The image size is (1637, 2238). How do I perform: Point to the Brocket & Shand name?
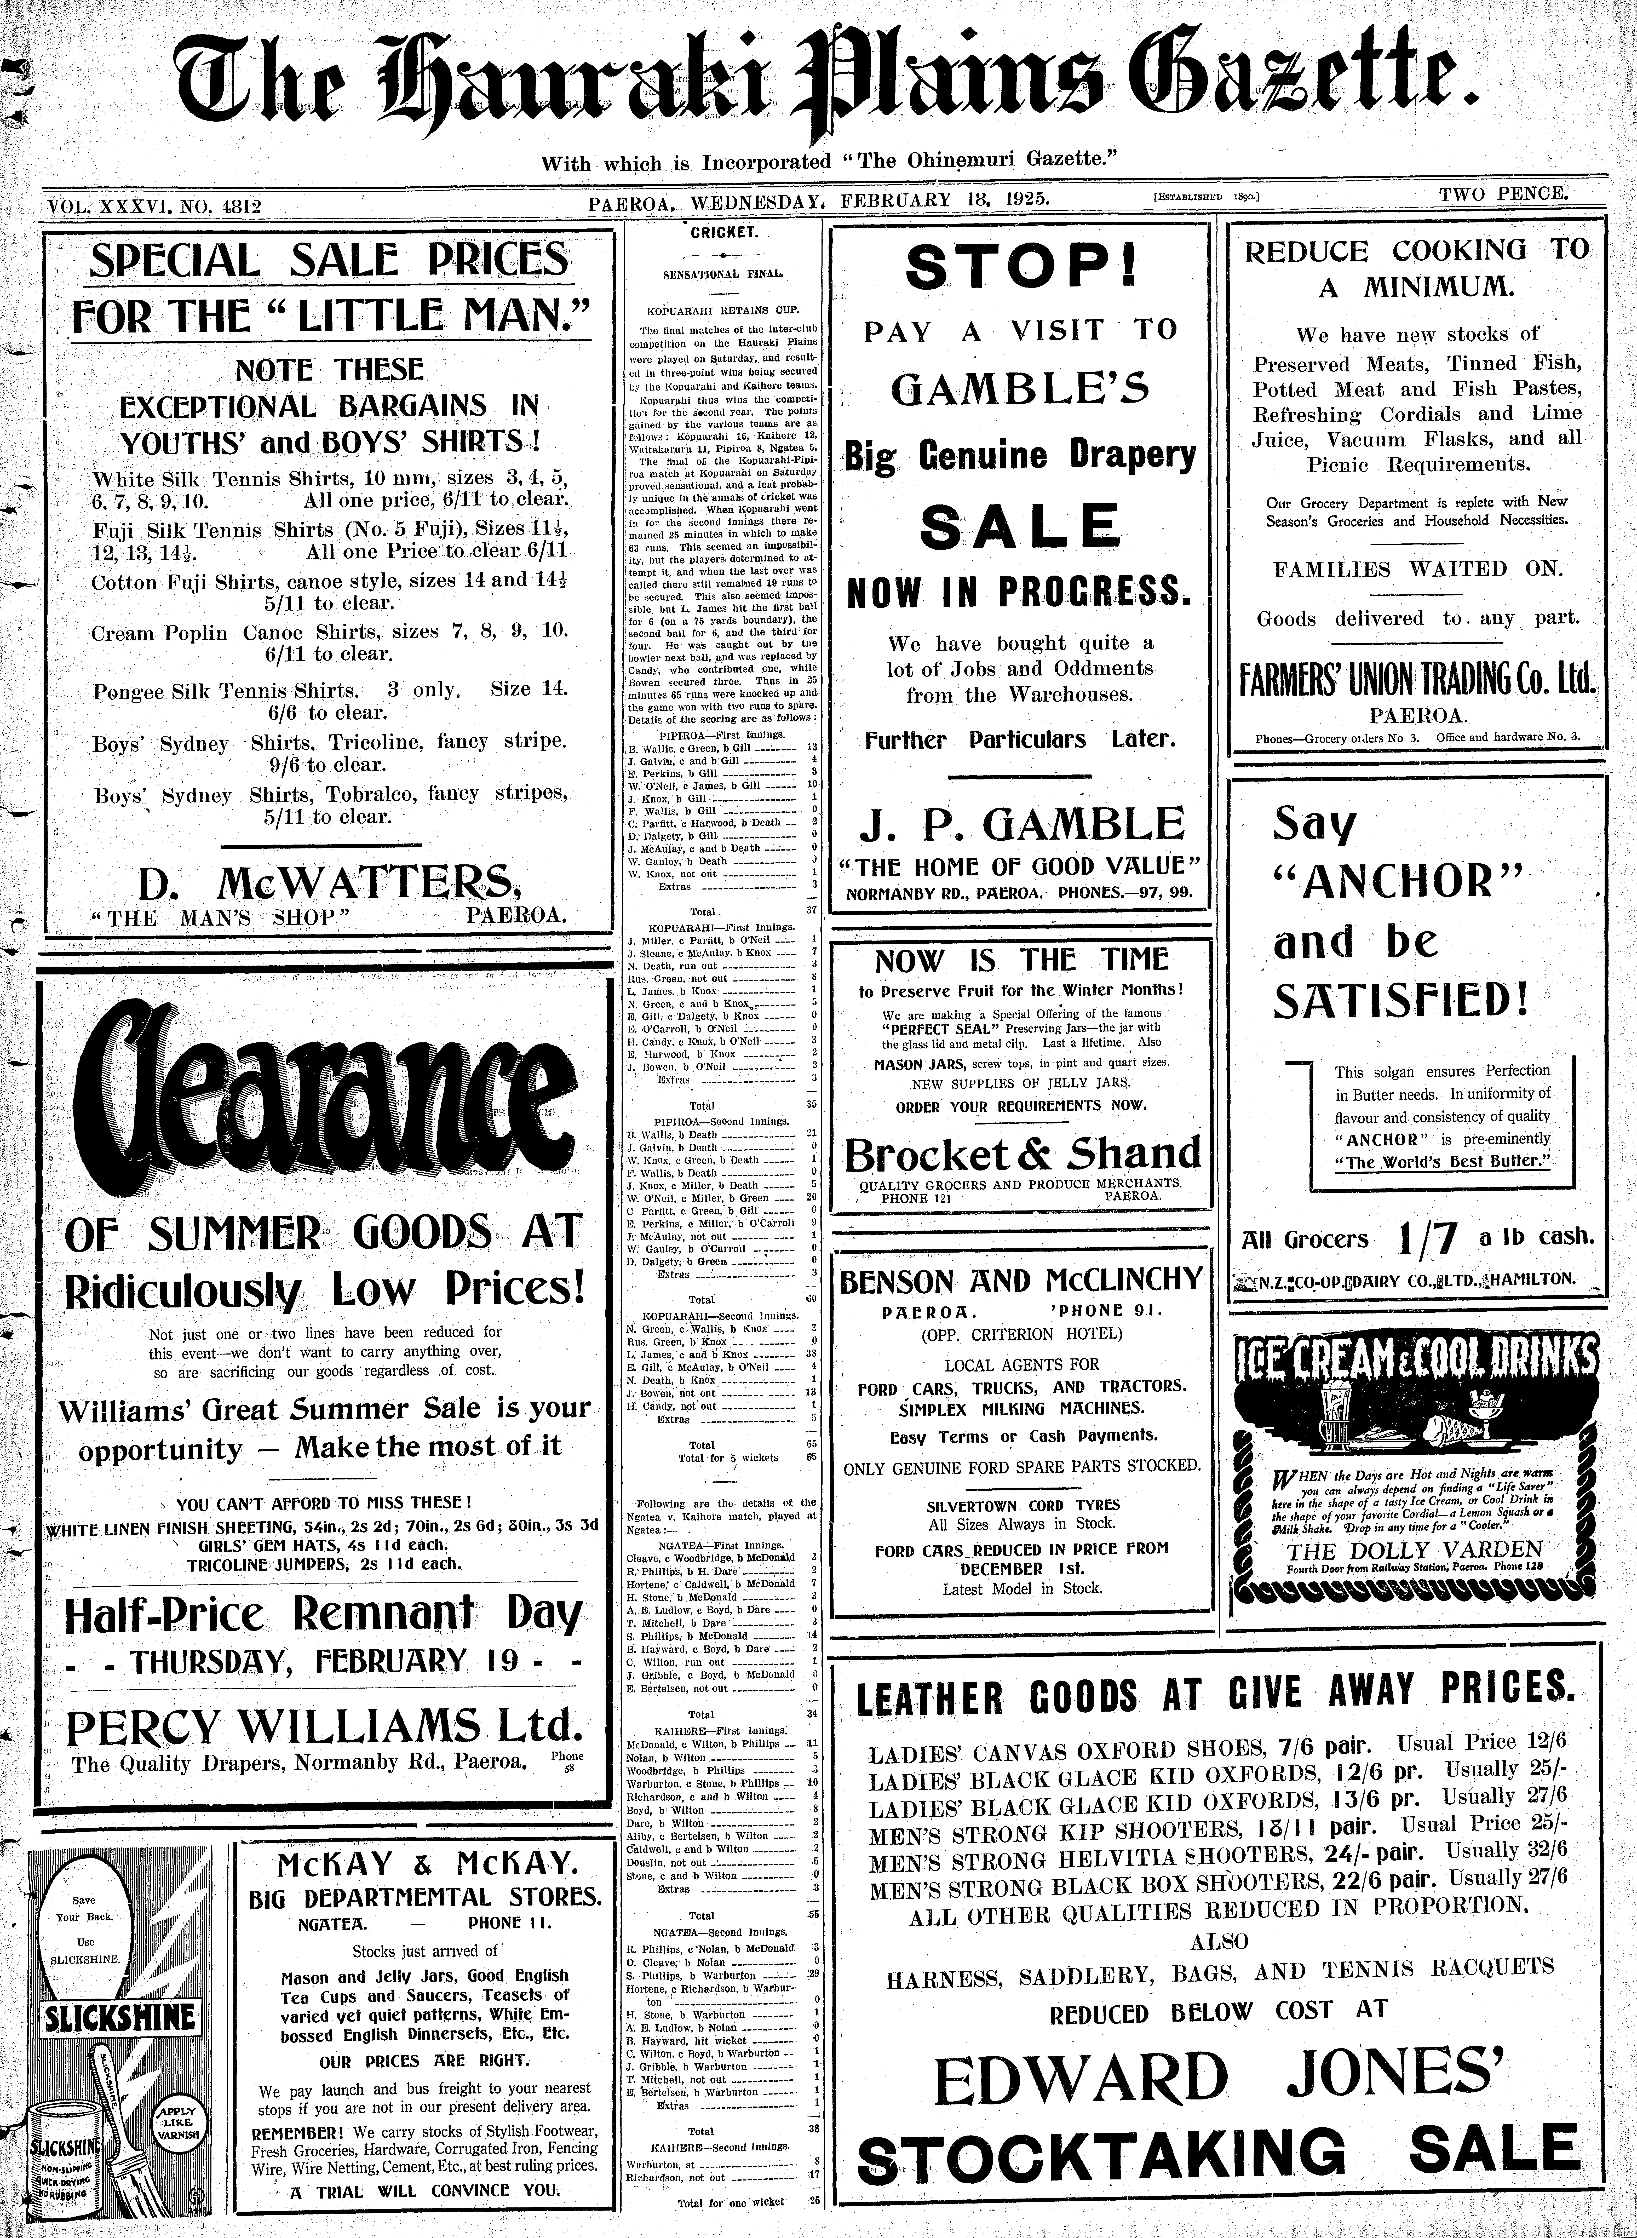[1022, 1154]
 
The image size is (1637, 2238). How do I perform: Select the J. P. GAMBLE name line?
[1021, 824]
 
